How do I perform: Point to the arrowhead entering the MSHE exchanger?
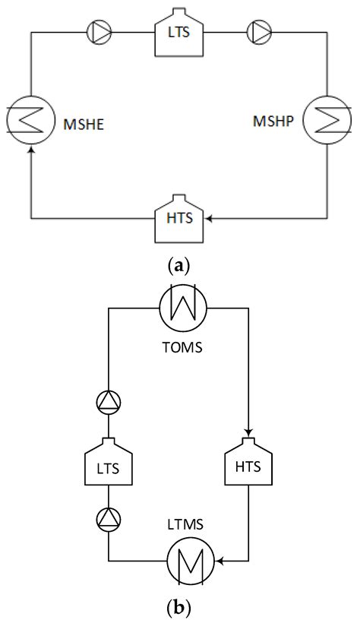30,151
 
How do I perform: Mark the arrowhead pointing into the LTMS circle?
219,562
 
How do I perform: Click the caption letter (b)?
179,609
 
